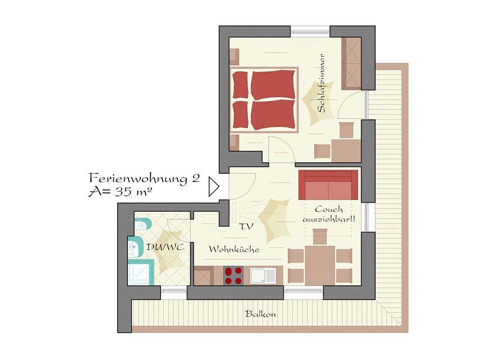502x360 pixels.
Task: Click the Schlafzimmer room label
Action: pyautogui.click(x=322, y=83)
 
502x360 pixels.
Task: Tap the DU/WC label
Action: pyautogui.click(x=165, y=247)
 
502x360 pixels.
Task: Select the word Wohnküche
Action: pyautogui.click(x=234, y=250)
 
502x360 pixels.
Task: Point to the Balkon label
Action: pyautogui.click(x=261, y=314)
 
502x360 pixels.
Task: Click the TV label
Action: pyautogui.click(x=246, y=227)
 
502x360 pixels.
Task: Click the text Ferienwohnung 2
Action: pyautogui.click(x=144, y=178)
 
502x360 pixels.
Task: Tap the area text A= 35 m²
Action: pyautogui.click(x=120, y=192)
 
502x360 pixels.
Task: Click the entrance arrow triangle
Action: pyautogui.click(x=214, y=186)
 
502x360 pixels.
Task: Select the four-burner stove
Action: pyautogui.click(x=233, y=276)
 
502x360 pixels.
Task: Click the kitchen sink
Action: pyautogui.click(x=263, y=275)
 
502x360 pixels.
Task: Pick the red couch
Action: pyautogui.click(x=328, y=185)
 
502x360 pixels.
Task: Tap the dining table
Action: pyautogui.click(x=320, y=265)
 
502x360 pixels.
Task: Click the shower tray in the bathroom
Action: pyautogui.click(x=141, y=272)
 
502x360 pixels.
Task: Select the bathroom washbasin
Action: pyautogui.click(x=136, y=247)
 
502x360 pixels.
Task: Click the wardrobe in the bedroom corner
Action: pyautogui.click(x=352, y=63)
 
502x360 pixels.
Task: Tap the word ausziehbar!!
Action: pyautogui.click(x=329, y=219)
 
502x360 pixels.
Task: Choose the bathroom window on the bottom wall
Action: pyautogui.click(x=173, y=291)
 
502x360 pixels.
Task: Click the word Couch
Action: pyautogui.click(x=329, y=210)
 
